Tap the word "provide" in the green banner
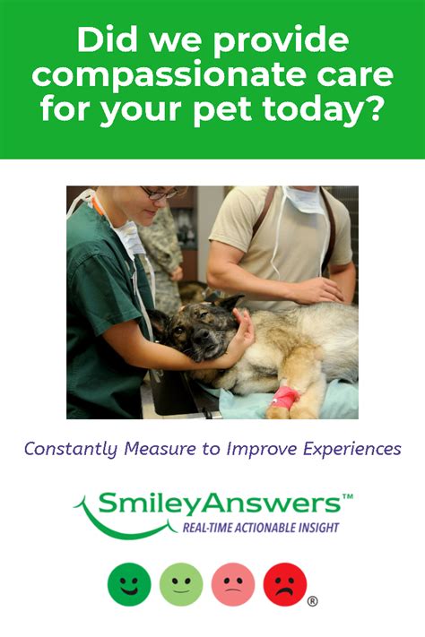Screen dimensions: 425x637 [x=281, y=42]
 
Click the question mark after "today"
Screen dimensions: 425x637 [x=372, y=108]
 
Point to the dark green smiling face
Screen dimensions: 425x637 [x=129, y=584]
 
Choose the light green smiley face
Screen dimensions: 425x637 [x=181, y=584]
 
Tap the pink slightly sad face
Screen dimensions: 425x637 [x=233, y=584]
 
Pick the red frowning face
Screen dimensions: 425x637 [x=285, y=584]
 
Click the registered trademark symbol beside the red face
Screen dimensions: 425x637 [x=312, y=601]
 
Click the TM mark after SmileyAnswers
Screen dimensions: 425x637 [x=348, y=496]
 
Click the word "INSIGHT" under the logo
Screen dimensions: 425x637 [x=319, y=528]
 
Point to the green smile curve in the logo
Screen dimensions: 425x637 [x=122, y=530]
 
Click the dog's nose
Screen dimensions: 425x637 [x=202, y=335]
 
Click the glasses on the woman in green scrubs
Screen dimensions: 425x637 [x=159, y=194]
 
